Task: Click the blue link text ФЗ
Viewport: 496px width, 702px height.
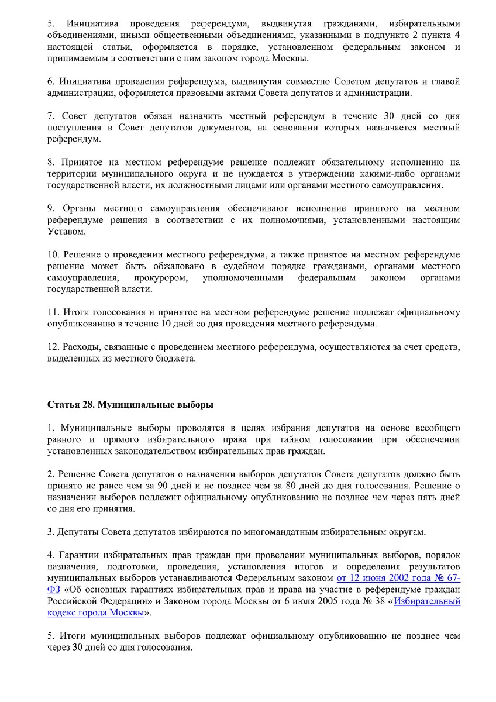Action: (53, 590)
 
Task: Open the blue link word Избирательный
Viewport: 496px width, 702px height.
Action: (428, 601)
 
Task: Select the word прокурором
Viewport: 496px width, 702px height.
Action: (160, 278)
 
